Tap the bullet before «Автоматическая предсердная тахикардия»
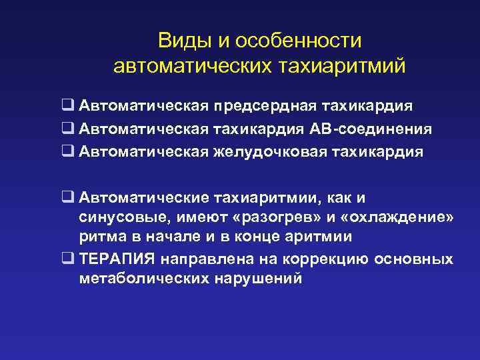point(68,106)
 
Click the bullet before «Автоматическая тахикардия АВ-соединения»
point(68,129)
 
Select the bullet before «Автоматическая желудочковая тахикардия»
point(68,151)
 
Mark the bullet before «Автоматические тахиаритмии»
point(68,197)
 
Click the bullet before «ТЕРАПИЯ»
point(68,259)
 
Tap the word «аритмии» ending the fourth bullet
point(320,238)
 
